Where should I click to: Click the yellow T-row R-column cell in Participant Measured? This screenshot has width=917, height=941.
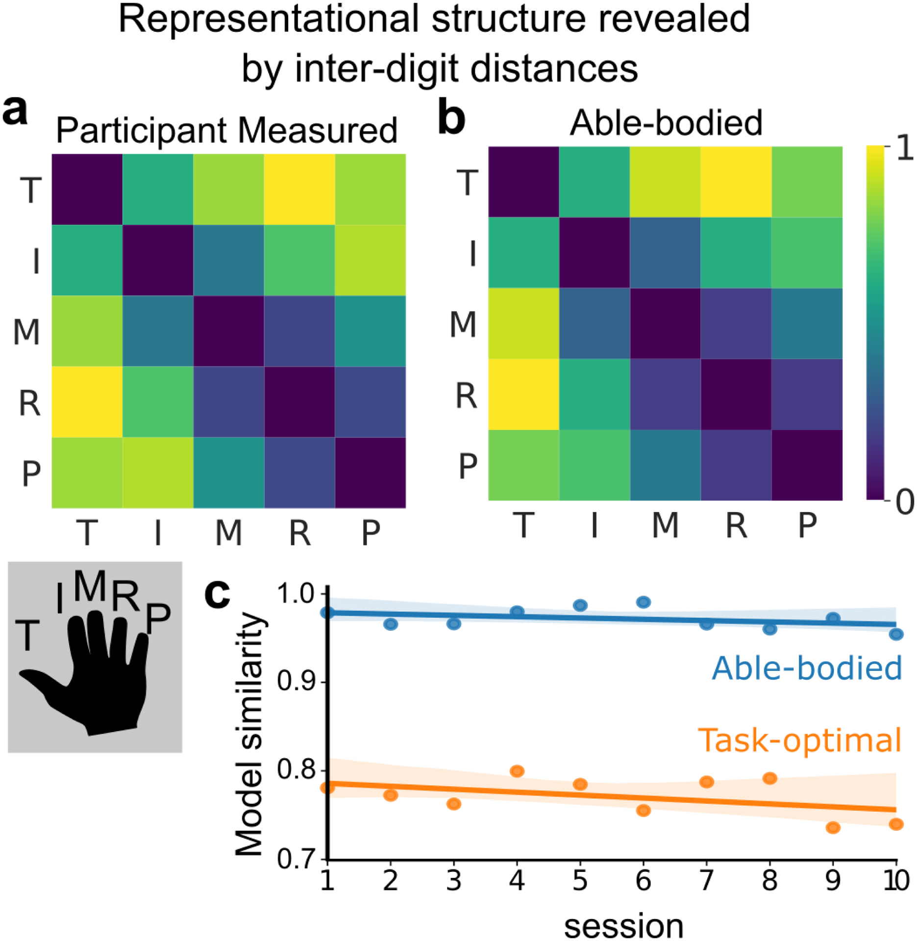pos(299,190)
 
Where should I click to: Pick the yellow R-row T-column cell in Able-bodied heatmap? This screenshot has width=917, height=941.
pos(523,395)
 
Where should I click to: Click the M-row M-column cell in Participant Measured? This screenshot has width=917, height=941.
pos(228,331)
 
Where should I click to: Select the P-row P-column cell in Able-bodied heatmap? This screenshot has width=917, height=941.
pos(807,465)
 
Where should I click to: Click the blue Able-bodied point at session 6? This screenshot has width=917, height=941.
pos(643,602)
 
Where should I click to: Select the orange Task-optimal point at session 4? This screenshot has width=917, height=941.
pos(517,771)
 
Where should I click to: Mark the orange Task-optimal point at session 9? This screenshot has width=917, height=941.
pos(833,828)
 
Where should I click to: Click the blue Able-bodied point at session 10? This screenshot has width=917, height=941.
pos(896,635)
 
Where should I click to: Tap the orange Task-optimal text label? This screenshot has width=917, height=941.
pos(799,740)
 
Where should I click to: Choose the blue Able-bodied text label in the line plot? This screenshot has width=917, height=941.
pos(807,669)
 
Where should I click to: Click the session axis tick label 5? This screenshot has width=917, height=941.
pos(580,881)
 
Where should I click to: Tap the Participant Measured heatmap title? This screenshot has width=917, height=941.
pos(226,131)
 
